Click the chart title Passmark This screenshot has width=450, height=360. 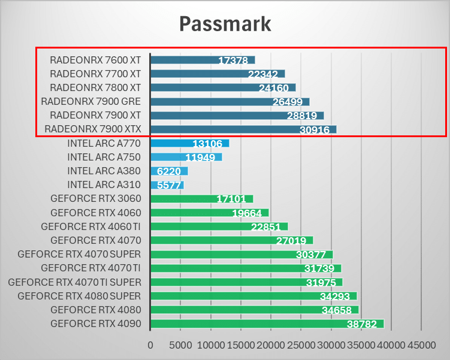coord(225,24)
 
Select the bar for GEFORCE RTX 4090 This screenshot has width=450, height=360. coord(267,323)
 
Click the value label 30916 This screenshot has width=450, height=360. coord(315,130)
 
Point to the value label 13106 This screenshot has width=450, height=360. coord(208,144)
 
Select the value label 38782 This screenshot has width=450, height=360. coord(362,324)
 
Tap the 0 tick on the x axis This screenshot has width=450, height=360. coord(150,346)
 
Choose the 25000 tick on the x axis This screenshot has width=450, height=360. coord(301,346)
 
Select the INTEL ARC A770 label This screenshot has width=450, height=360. coord(104,143)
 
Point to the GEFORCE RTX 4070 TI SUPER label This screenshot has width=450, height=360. coord(74,282)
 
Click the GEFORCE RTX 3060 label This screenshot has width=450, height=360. coord(95,199)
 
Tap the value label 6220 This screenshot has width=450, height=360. coord(170,171)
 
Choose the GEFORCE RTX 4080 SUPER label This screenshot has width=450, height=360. coord(79,296)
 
